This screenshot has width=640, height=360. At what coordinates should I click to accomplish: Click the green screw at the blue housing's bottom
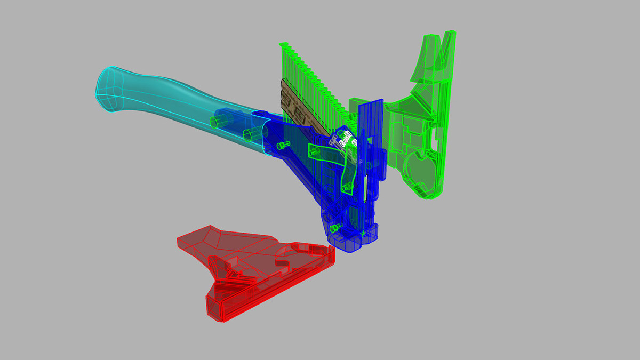point(335,229)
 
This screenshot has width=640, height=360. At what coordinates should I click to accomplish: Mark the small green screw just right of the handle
point(282,145)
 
